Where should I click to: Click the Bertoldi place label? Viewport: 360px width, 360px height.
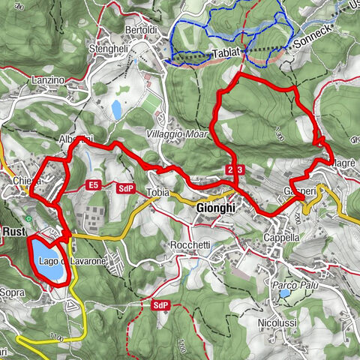[x=141, y=29]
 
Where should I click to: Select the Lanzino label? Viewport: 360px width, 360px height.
[x=49, y=80]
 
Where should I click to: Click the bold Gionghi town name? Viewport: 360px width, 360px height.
[x=215, y=208]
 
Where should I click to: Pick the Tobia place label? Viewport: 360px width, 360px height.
[x=158, y=191]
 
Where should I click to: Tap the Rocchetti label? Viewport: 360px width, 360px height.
[x=190, y=246]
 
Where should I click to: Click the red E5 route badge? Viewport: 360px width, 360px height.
[x=94, y=184]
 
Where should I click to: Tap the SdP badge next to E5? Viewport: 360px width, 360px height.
[x=125, y=188]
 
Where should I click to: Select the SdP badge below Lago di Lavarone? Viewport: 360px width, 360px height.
[x=160, y=305]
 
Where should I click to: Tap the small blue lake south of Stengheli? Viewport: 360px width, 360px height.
[x=116, y=111]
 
